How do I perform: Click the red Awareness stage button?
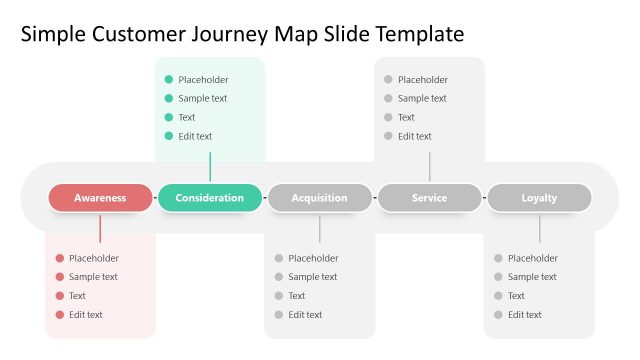tap(100, 198)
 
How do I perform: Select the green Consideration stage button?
tap(210, 198)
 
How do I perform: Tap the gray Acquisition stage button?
tap(320, 198)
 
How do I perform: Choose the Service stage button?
tap(429, 198)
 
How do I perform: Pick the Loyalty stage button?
tap(539, 198)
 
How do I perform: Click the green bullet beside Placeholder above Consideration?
tap(169, 80)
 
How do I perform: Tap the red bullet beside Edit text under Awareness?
tap(60, 315)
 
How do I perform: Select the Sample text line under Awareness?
tap(93, 277)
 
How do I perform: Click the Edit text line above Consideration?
tap(195, 136)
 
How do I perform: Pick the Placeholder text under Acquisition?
tap(313, 258)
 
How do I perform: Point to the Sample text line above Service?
tap(422, 99)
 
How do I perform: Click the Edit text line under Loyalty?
tap(525, 315)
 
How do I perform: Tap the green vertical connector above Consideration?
tap(210, 166)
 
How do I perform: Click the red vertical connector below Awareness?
tap(100, 229)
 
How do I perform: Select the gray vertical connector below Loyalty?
tap(539, 229)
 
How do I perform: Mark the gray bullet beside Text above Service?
tap(388, 118)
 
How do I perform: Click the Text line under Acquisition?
tap(297, 296)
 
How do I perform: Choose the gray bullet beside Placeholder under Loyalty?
tap(498, 258)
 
